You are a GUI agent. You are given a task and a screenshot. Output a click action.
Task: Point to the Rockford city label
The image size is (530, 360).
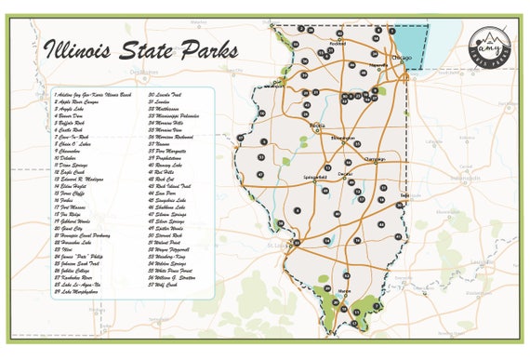[x=338, y=41]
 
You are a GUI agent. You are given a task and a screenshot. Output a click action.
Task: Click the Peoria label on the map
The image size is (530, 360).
[x=316, y=124]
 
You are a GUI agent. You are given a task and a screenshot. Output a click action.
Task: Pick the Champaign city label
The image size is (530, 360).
[x=374, y=159]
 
